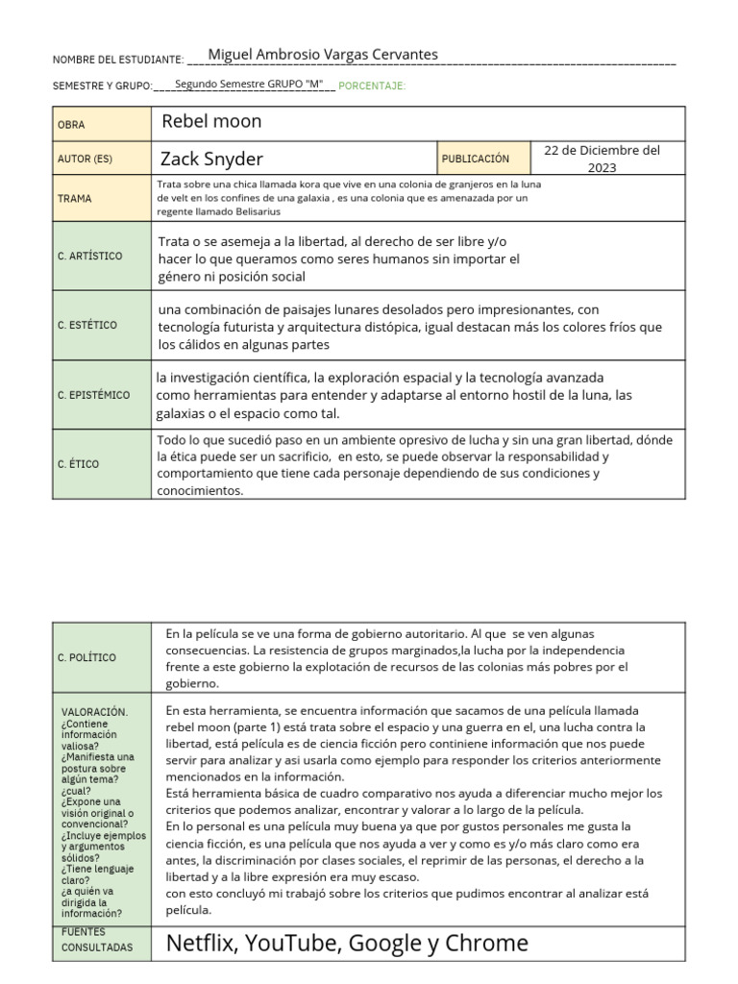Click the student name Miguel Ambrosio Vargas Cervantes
pos(323,55)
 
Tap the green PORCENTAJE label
pos(373,86)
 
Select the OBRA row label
pos(71,125)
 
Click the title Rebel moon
pos(211,121)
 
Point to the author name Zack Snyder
pos(211,159)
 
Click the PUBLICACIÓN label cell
pos(475,159)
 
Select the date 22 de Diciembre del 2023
pos(602,159)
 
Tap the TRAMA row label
pos(75,198)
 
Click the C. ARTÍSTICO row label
pos(89,256)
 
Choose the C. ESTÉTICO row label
pos(86,325)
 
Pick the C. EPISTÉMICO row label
pos(92,395)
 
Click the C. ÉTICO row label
pos(78,464)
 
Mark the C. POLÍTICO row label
pos(86,657)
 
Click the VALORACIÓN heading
pos(93,712)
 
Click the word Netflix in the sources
pos(203,943)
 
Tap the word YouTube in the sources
pos(292,943)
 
